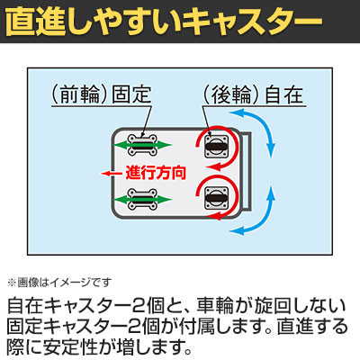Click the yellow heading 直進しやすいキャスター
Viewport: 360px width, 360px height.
point(164,22)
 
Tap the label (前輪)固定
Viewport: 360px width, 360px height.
point(102,94)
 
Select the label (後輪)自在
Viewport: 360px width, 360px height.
point(254,94)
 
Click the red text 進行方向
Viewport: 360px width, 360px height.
point(156,173)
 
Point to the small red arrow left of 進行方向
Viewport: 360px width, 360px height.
point(112,173)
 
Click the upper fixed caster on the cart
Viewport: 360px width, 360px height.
point(142,145)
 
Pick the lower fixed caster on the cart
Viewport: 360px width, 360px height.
point(142,199)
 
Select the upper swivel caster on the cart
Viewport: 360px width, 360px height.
point(217,146)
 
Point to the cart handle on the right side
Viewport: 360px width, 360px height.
point(247,171)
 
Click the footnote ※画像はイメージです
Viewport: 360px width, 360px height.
point(59,283)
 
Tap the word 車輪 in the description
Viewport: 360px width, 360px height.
point(215,306)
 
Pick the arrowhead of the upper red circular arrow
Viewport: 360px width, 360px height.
point(214,166)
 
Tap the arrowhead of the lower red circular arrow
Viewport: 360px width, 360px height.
point(214,215)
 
